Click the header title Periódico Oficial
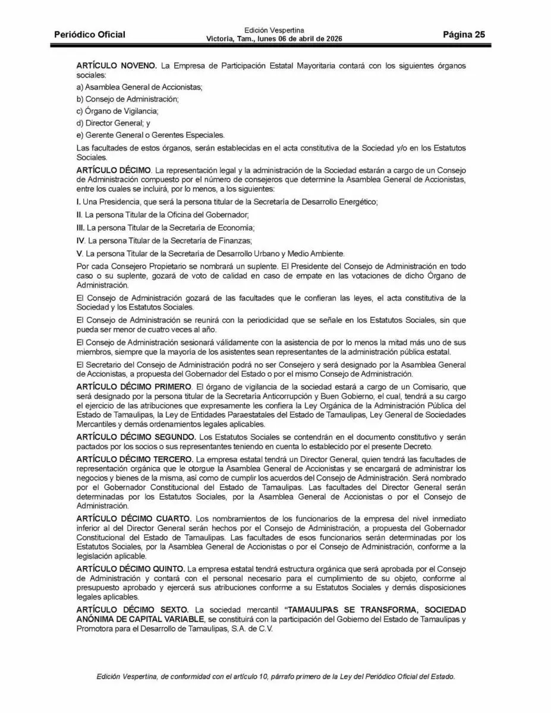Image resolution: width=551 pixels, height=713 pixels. pyautogui.click(x=90, y=34)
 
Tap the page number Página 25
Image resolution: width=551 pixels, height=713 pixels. pyautogui.click(x=464, y=34)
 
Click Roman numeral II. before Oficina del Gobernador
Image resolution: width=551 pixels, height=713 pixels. pyautogui.click(x=80, y=214)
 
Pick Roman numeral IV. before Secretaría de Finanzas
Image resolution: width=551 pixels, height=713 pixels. pyautogui.click(x=81, y=240)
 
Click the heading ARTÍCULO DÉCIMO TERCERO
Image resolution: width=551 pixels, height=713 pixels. pyautogui.click(x=135, y=459)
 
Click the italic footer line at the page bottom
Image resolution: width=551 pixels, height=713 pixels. pyautogui.click(x=275, y=677)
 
